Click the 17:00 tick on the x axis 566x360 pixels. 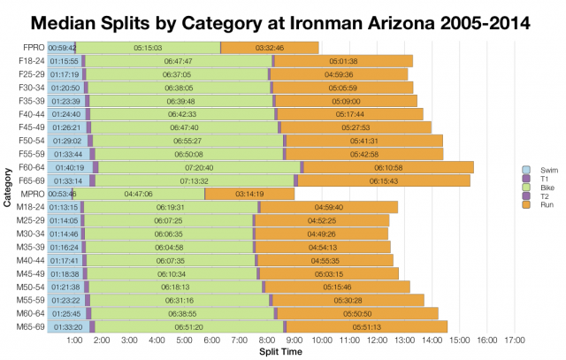click(x=516, y=340)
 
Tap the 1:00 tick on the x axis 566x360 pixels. click(x=75, y=340)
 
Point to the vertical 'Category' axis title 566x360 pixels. click(x=7, y=187)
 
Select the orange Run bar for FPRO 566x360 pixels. click(x=269, y=47)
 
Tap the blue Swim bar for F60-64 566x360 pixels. click(x=70, y=167)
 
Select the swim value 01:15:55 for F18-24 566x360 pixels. click(x=65, y=60)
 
